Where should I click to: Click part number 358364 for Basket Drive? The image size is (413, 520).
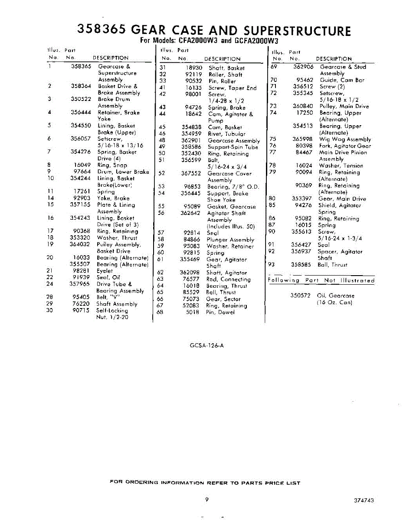tap(81, 86)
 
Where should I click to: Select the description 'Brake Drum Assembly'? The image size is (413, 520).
tap(113, 102)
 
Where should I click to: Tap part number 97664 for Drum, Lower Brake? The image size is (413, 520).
tap(82, 172)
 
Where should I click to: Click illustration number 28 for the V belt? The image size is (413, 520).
tap(50, 297)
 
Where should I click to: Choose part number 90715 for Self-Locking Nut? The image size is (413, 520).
tap(82, 310)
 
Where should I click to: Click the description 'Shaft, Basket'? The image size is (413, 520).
tap(226, 68)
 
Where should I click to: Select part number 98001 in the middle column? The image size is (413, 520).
tap(193, 94)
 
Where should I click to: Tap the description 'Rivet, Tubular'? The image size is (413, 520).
tap(226, 134)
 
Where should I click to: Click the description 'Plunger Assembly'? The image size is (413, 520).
tap(230, 240)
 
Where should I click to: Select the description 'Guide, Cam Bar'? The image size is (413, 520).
tap(342, 80)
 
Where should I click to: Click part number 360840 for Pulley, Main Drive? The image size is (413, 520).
tap(303, 106)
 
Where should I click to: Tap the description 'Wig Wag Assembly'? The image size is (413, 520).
tap(345, 139)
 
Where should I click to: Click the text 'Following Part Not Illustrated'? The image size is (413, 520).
tap(321, 280)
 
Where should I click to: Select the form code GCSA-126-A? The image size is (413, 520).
tap(207, 345)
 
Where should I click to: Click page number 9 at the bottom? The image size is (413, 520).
tap(207, 500)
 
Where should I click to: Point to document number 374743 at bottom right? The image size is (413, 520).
tap(364, 500)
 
